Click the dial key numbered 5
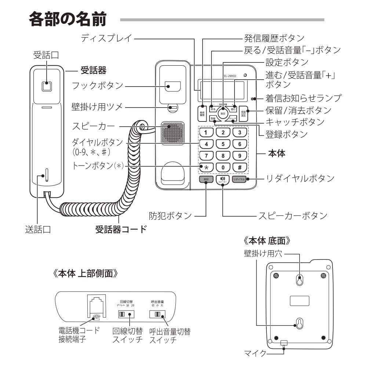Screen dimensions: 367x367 tap(223, 144)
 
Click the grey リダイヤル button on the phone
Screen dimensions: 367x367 tap(239, 179)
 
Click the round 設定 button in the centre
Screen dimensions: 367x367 tap(223, 113)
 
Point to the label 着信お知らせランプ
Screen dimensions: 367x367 tap(303, 98)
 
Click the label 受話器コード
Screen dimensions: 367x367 tap(121, 230)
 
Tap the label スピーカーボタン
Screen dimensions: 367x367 tap(292, 215)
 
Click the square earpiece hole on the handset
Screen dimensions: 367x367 tap(47, 87)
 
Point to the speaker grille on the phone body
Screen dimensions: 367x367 tap(171, 134)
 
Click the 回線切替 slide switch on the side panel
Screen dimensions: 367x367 tap(124, 315)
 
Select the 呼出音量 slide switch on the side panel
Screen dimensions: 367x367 tap(157, 315)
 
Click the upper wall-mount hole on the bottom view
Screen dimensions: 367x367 tap(300, 280)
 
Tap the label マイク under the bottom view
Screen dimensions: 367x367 tap(255, 353)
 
